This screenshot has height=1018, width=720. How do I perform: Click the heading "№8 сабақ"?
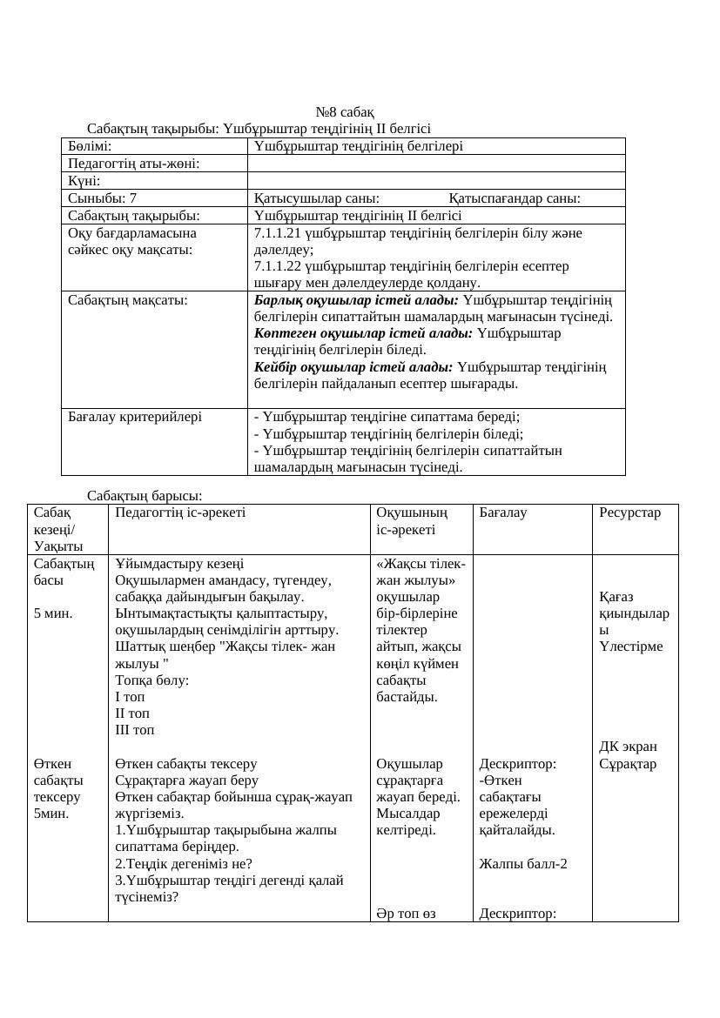pos(345,112)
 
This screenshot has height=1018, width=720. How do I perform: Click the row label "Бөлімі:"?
pos(91,146)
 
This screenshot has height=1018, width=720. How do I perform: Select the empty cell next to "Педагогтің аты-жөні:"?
pos(436,164)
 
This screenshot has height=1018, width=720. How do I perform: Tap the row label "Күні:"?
pos(84,181)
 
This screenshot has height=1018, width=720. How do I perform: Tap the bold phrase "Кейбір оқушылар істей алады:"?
pos(353,366)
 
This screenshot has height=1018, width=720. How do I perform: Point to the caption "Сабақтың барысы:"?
pos(145,495)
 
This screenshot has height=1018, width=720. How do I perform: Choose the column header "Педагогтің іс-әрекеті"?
pos(180,512)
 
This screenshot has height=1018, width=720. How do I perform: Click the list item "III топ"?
pos(135,729)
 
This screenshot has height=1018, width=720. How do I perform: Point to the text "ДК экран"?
pos(629,747)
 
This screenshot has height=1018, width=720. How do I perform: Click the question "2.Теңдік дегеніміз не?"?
pos(184,863)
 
